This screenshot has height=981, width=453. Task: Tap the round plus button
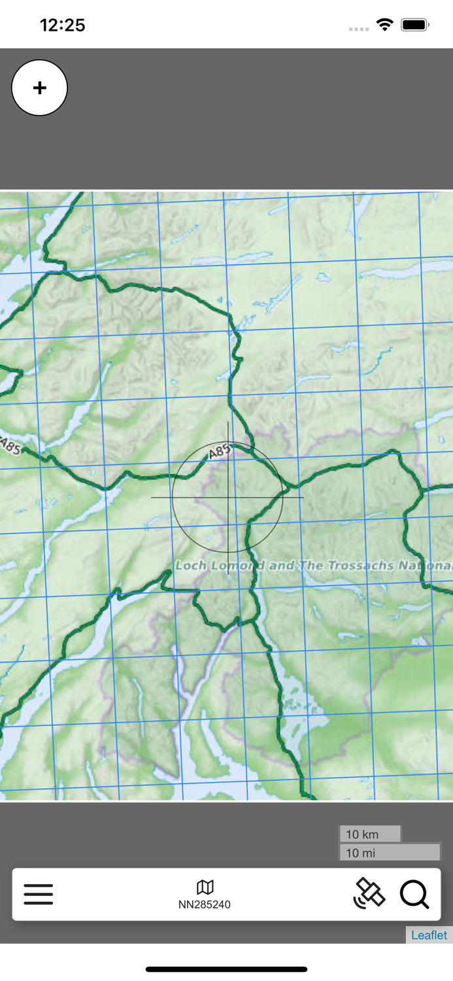tap(39, 88)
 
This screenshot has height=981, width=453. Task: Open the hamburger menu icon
tap(39, 894)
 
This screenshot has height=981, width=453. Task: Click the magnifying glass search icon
tap(414, 894)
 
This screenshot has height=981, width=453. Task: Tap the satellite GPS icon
tap(369, 893)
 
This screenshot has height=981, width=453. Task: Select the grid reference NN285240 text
tap(205, 904)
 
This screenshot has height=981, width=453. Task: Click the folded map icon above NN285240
tap(205, 887)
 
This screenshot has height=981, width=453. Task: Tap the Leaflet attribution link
tap(429, 935)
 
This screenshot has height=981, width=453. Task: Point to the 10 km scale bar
tap(369, 834)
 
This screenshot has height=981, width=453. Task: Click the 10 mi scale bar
tap(390, 852)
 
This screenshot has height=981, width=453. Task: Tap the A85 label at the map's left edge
tap(10, 446)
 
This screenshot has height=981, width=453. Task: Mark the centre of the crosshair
tap(227, 498)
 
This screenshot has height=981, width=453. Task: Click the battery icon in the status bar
tap(414, 25)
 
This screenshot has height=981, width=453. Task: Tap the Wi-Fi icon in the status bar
tap(385, 25)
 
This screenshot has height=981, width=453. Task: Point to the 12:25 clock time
tap(63, 25)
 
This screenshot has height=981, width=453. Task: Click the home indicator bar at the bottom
tap(226, 969)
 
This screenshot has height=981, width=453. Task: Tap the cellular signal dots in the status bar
tap(359, 29)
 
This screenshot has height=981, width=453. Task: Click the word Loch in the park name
tap(191, 565)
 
